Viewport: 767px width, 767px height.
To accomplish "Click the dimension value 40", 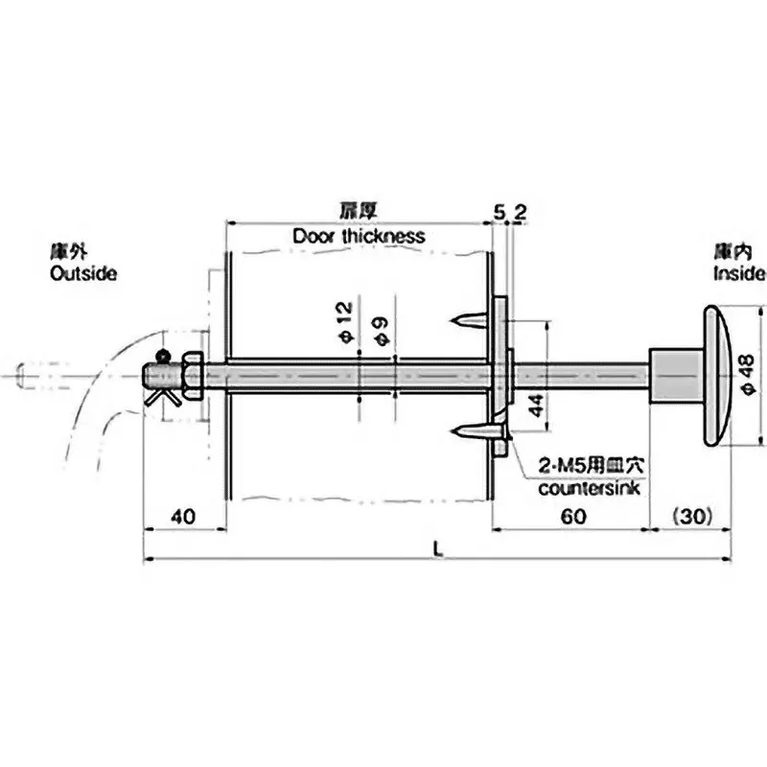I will [183, 516].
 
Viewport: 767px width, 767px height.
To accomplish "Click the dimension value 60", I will [572, 516].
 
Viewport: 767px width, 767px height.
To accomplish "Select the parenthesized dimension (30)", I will [691, 516].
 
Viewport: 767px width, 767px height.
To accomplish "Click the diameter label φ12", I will [345, 320].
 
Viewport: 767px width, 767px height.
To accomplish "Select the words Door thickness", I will [359, 235].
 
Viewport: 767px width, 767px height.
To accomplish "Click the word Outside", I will [82, 273].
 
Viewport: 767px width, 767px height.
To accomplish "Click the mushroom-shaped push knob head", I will [719, 375].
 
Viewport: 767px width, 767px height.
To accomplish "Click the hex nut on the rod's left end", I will [189, 374].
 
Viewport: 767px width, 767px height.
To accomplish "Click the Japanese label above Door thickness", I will [358, 210].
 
